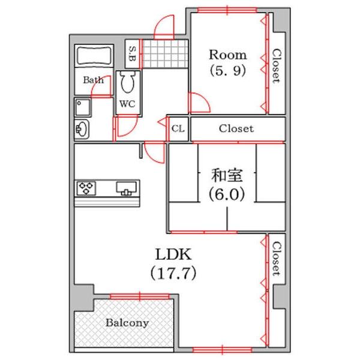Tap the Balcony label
[127, 323]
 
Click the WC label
[127, 103]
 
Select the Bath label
[93, 80]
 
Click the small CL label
[178, 128]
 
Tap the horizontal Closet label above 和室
[236, 128]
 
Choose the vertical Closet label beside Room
[276, 66]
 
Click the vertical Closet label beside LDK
[276, 259]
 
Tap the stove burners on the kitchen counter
[86, 188]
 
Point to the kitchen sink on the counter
[127, 188]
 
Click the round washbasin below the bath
[82, 128]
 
